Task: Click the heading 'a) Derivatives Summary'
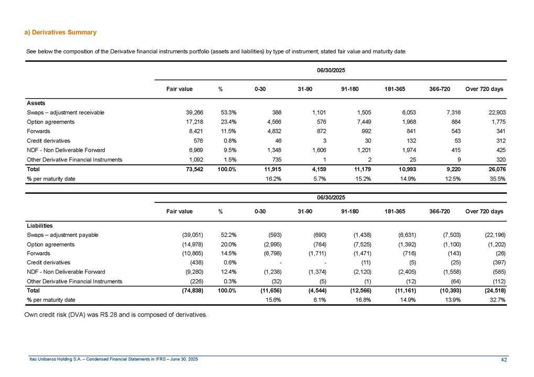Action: pos(61,32)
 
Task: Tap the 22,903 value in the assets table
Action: pos(493,113)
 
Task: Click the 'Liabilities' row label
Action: pos(39,226)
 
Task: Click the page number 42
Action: pos(504,359)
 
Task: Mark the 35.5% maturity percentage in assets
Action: pos(494,179)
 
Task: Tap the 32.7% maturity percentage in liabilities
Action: pos(494,301)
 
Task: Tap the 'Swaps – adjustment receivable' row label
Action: pos(65,113)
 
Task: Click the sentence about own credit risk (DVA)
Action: pos(116,315)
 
